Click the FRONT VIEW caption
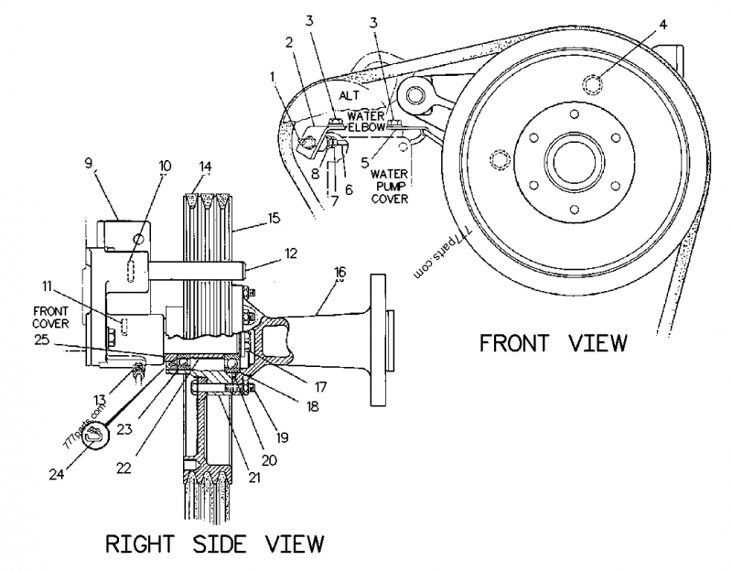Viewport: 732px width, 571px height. [x=554, y=343]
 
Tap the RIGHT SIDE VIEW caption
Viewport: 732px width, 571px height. [x=215, y=545]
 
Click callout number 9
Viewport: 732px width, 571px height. [x=89, y=165]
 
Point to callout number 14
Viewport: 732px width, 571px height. [x=206, y=167]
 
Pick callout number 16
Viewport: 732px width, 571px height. [x=340, y=272]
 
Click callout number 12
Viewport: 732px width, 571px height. [x=290, y=251]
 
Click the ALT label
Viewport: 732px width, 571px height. [x=350, y=94]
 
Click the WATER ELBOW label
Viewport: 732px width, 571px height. [x=366, y=122]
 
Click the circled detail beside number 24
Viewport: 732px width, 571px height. [x=95, y=439]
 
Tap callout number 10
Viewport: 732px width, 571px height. [x=165, y=167]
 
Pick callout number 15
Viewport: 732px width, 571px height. [x=274, y=220]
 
